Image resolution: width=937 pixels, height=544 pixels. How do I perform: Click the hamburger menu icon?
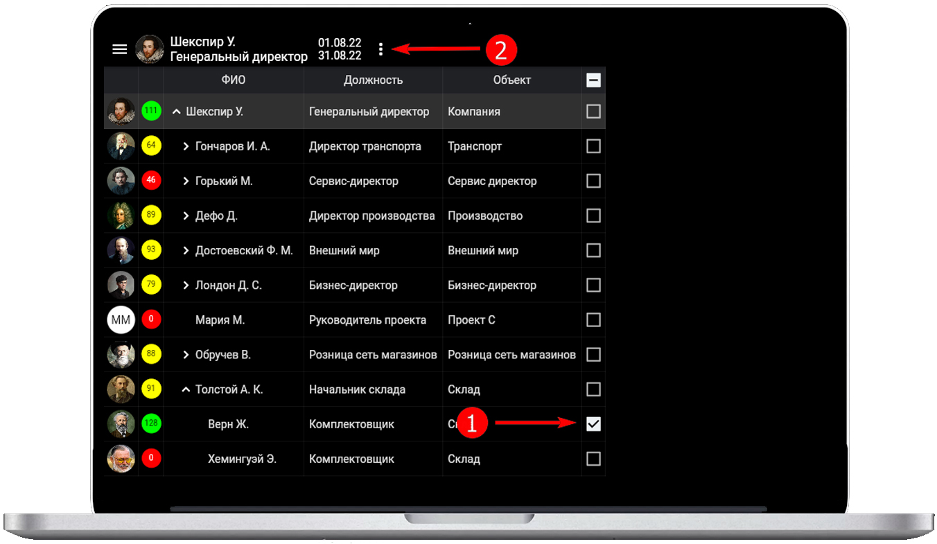point(120,49)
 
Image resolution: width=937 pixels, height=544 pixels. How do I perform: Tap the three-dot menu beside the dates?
point(380,49)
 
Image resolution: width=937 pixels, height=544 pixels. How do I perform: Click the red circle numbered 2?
point(501,50)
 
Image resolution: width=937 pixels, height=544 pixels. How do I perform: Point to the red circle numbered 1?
point(472,423)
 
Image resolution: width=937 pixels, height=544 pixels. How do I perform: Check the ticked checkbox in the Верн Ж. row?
point(593,424)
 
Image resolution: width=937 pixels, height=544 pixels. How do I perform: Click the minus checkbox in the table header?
point(593,80)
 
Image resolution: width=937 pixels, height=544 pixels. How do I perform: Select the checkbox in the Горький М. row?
point(593,181)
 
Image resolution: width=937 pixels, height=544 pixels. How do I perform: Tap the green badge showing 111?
point(151,111)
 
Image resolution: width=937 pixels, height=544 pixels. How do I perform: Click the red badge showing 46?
point(151,180)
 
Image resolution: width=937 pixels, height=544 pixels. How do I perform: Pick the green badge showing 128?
point(151,423)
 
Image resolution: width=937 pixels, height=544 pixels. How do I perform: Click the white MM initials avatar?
point(121,320)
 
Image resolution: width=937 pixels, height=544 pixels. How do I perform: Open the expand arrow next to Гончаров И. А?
point(186,146)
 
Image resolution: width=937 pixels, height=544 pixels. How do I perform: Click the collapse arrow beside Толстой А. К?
point(186,389)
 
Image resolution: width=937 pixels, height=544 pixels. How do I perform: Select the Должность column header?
point(373,80)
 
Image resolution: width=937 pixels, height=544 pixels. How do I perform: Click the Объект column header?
point(511,80)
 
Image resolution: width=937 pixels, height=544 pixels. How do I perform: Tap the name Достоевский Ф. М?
point(244,250)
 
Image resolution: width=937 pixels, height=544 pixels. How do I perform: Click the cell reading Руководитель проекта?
point(367,320)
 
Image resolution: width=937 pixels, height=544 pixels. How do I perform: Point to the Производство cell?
point(485,216)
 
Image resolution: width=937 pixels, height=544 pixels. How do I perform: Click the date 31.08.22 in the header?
point(339,55)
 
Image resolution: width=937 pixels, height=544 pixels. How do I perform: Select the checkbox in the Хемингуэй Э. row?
point(593,459)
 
